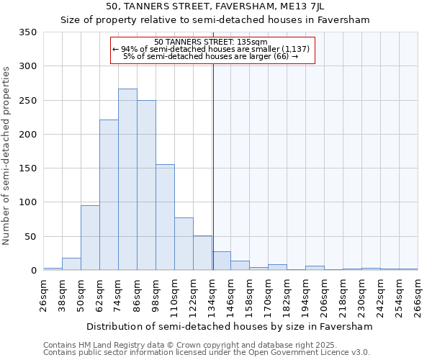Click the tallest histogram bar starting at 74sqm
[x=127, y=180]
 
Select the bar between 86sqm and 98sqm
[x=146, y=186]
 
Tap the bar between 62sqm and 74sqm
[x=109, y=195]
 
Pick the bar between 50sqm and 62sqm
[x=90, y=238]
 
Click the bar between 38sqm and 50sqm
[x=71, y=264]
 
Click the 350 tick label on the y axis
[x=27, y=32]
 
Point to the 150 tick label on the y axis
[x=27, y=168]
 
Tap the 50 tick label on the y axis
[x=30, y=236]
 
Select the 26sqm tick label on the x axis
[x=44, y=295]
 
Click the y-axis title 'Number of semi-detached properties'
[x=7, y=156]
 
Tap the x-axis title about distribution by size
[x=230, y=326]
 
